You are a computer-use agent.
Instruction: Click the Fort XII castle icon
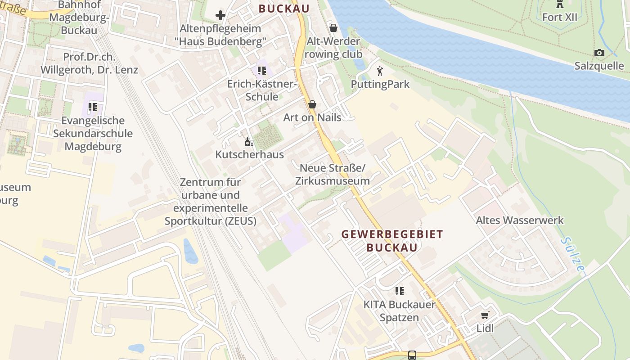pyautogui.click(x=559, y=4)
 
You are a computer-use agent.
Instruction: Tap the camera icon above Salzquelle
pyautogui.click(x=599, y=53)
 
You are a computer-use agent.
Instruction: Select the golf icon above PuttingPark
pyautogui.click(x=380, y=71)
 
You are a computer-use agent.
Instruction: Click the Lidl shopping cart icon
pyautogui.click(x=485, y=315)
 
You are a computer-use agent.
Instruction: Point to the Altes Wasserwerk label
pyautogui.click(x=520, y=220)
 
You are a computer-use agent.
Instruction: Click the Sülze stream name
pyautogui.click(x=573, y=254)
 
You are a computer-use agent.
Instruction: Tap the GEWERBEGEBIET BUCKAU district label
pyautogui.click(x=392, y=241)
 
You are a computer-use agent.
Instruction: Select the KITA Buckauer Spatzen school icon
pyautogui.click(x=399, y=291)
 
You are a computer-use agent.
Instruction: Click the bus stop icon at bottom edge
pyautogui.click(x=412, y=355)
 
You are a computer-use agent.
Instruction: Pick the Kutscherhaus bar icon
pyautogui.click(x=249, y=142)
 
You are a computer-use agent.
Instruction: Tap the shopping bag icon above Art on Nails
pyautogui.click(x=312, y=104)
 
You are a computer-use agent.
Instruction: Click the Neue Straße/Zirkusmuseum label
pyautogui.click(x=333, y=175)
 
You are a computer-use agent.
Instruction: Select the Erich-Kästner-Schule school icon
pyautogui.click(x=262, y=71)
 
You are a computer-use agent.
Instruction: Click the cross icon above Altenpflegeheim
pyautogui.click(x=220, y=15)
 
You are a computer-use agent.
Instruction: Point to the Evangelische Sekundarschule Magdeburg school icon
pyautogui.click(x=93, y=107)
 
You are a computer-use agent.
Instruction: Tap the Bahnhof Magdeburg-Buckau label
pyautogui.click(x=79, y=18)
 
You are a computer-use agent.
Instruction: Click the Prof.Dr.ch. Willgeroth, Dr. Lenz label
pyautogui.click(x=89, y=63)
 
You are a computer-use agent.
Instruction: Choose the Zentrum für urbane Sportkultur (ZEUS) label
pyautogui.click(x=211, y=202)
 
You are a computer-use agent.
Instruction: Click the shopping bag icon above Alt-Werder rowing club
pyautogui.click(x=333, y=28)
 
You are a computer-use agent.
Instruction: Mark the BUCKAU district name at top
pyautogui.click(x=284, y=9)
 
